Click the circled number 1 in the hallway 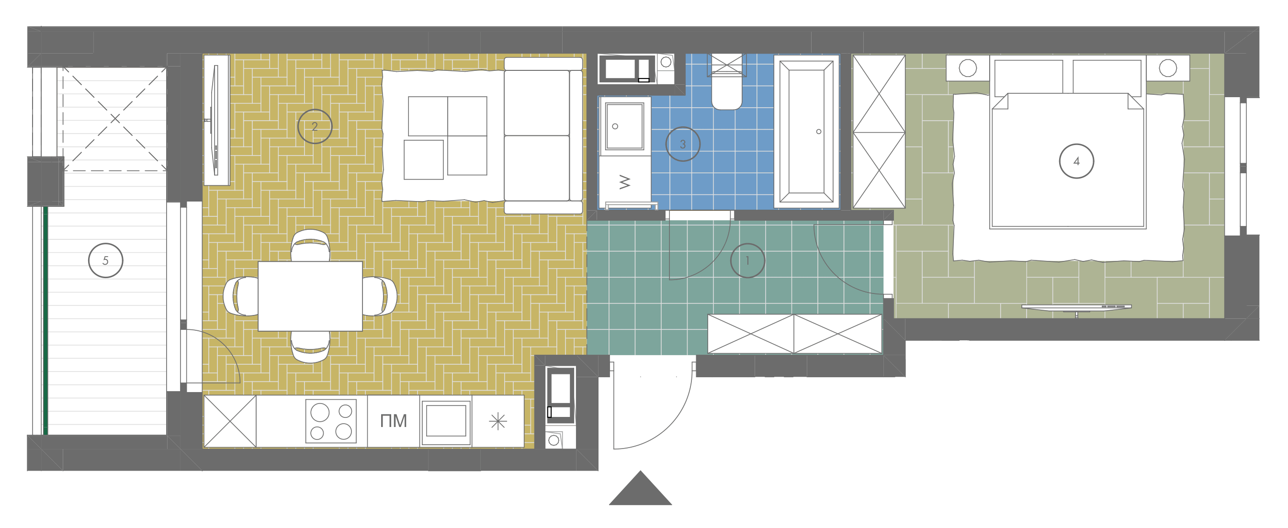(747, 260)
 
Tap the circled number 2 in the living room (315, 126)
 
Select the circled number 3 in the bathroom (682, 144)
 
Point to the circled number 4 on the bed (1076, 161)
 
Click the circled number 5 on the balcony (105, 260)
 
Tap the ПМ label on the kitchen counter (394, 421)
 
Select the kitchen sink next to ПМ (446, 422)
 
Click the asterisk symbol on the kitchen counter (498, 422)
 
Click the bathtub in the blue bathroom (806, 132)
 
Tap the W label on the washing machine (625, 182)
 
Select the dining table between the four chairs (310, 296)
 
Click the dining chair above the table (310, 245)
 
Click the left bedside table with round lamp (968, 68)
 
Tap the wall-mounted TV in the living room (215, 120)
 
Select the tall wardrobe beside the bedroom (879, 132)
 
